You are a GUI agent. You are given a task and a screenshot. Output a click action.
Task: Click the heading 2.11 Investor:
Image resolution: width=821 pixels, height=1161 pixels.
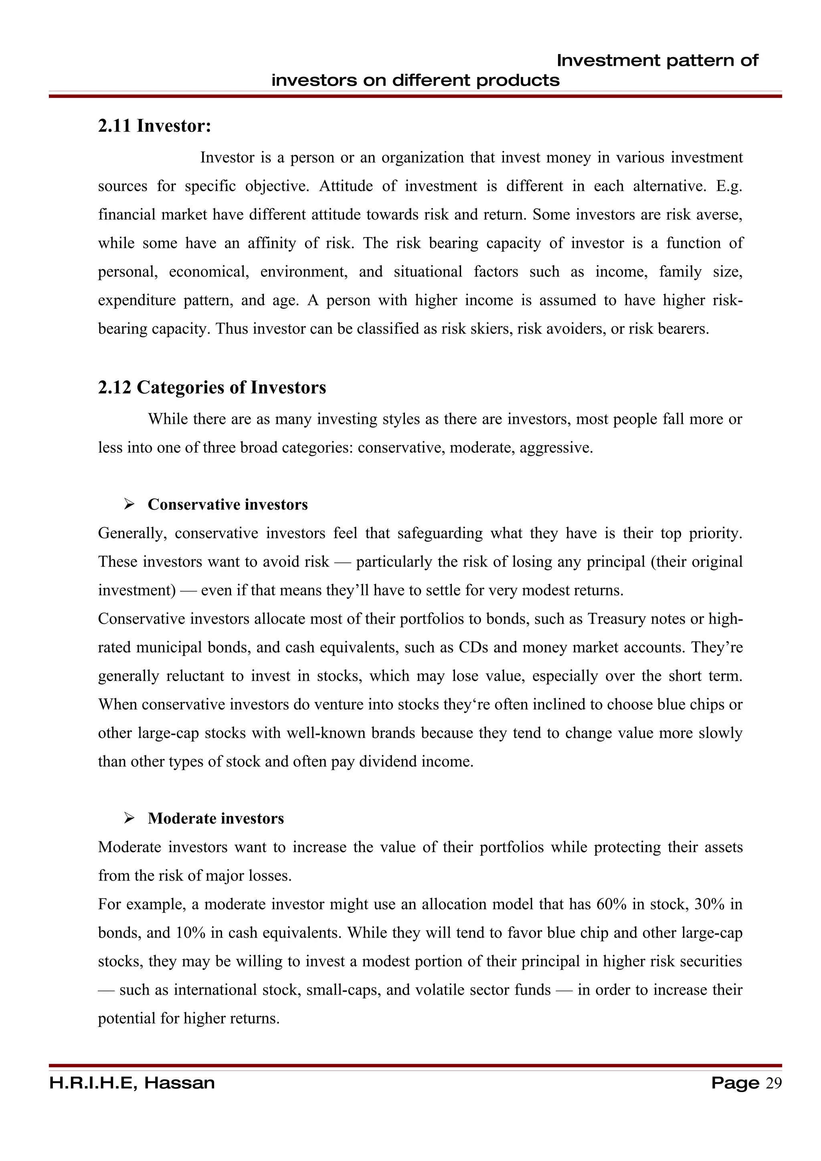pos(154,126)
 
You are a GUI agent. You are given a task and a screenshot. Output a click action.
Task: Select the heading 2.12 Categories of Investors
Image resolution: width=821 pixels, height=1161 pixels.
pos(212,387)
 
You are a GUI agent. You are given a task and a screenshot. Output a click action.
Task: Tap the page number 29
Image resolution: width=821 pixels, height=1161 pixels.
pos(773,1083)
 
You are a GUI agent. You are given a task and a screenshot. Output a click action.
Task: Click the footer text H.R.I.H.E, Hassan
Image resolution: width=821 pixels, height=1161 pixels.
pos(132,1083)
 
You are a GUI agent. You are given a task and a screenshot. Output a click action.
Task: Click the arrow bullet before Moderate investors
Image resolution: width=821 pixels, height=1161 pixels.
pos(129,818)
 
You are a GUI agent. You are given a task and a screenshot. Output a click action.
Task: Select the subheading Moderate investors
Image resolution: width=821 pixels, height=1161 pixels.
pos(216,818)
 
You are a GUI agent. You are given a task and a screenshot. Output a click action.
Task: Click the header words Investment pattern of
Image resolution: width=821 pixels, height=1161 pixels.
pos(657,60)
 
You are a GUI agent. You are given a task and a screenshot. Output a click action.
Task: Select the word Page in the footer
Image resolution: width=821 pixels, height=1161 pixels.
pos(734,1083)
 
